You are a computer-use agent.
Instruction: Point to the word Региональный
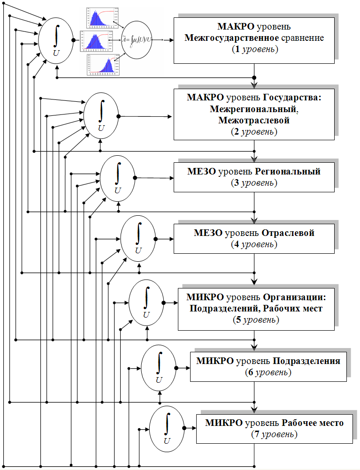(288, 171)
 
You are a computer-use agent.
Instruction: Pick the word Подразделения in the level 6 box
(306, 361)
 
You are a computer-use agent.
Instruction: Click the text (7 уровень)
(274, 434)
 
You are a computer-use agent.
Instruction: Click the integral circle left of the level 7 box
(167, 428)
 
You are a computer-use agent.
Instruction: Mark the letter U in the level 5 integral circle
(146, 315)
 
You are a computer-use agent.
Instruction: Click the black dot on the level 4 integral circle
(155, 239)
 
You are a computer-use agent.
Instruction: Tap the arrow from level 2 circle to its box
(146, 116)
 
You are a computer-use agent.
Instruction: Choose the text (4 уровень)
(254, 244)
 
